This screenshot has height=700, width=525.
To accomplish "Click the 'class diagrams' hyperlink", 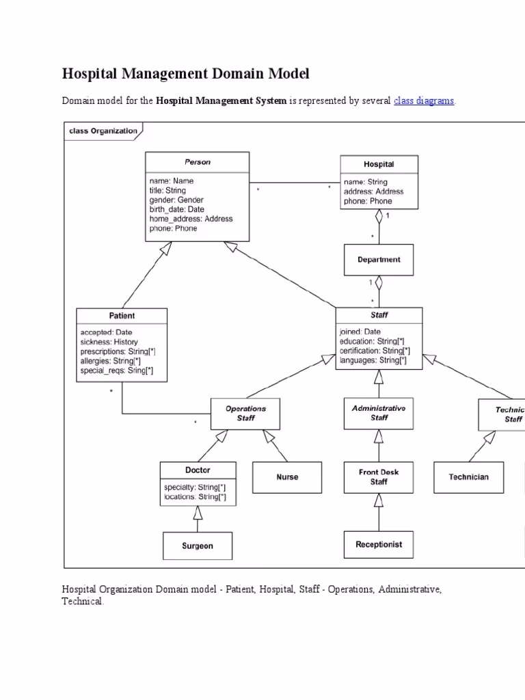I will (424, 100).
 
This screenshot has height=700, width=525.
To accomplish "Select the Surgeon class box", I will (198, 546).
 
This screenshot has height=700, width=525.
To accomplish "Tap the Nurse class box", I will (287, 476).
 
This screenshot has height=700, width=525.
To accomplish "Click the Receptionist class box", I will (379, 544).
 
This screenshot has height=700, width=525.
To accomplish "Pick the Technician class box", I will (468, 476).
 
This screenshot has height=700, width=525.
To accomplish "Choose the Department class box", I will (379, 260).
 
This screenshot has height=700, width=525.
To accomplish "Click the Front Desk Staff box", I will (379, 476).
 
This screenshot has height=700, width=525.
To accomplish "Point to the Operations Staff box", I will (245, 414).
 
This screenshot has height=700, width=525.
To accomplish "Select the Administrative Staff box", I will (379, 413).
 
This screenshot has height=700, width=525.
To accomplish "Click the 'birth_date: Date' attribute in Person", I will (176, 209).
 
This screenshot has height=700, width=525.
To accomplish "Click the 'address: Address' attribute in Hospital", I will (373, 191).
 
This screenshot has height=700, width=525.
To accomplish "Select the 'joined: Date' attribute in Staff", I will (360, 332).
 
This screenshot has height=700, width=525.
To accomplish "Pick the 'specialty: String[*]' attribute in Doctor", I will (191, 487).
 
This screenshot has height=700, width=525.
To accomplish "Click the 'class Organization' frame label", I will (103, 131).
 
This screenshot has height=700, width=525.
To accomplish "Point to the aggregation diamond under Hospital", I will (379, 217).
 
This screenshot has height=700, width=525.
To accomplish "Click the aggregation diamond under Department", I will (379, 283).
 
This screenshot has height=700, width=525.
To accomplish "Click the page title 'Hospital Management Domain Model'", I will (186, 73).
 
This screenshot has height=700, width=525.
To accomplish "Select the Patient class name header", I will (122, 316).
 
